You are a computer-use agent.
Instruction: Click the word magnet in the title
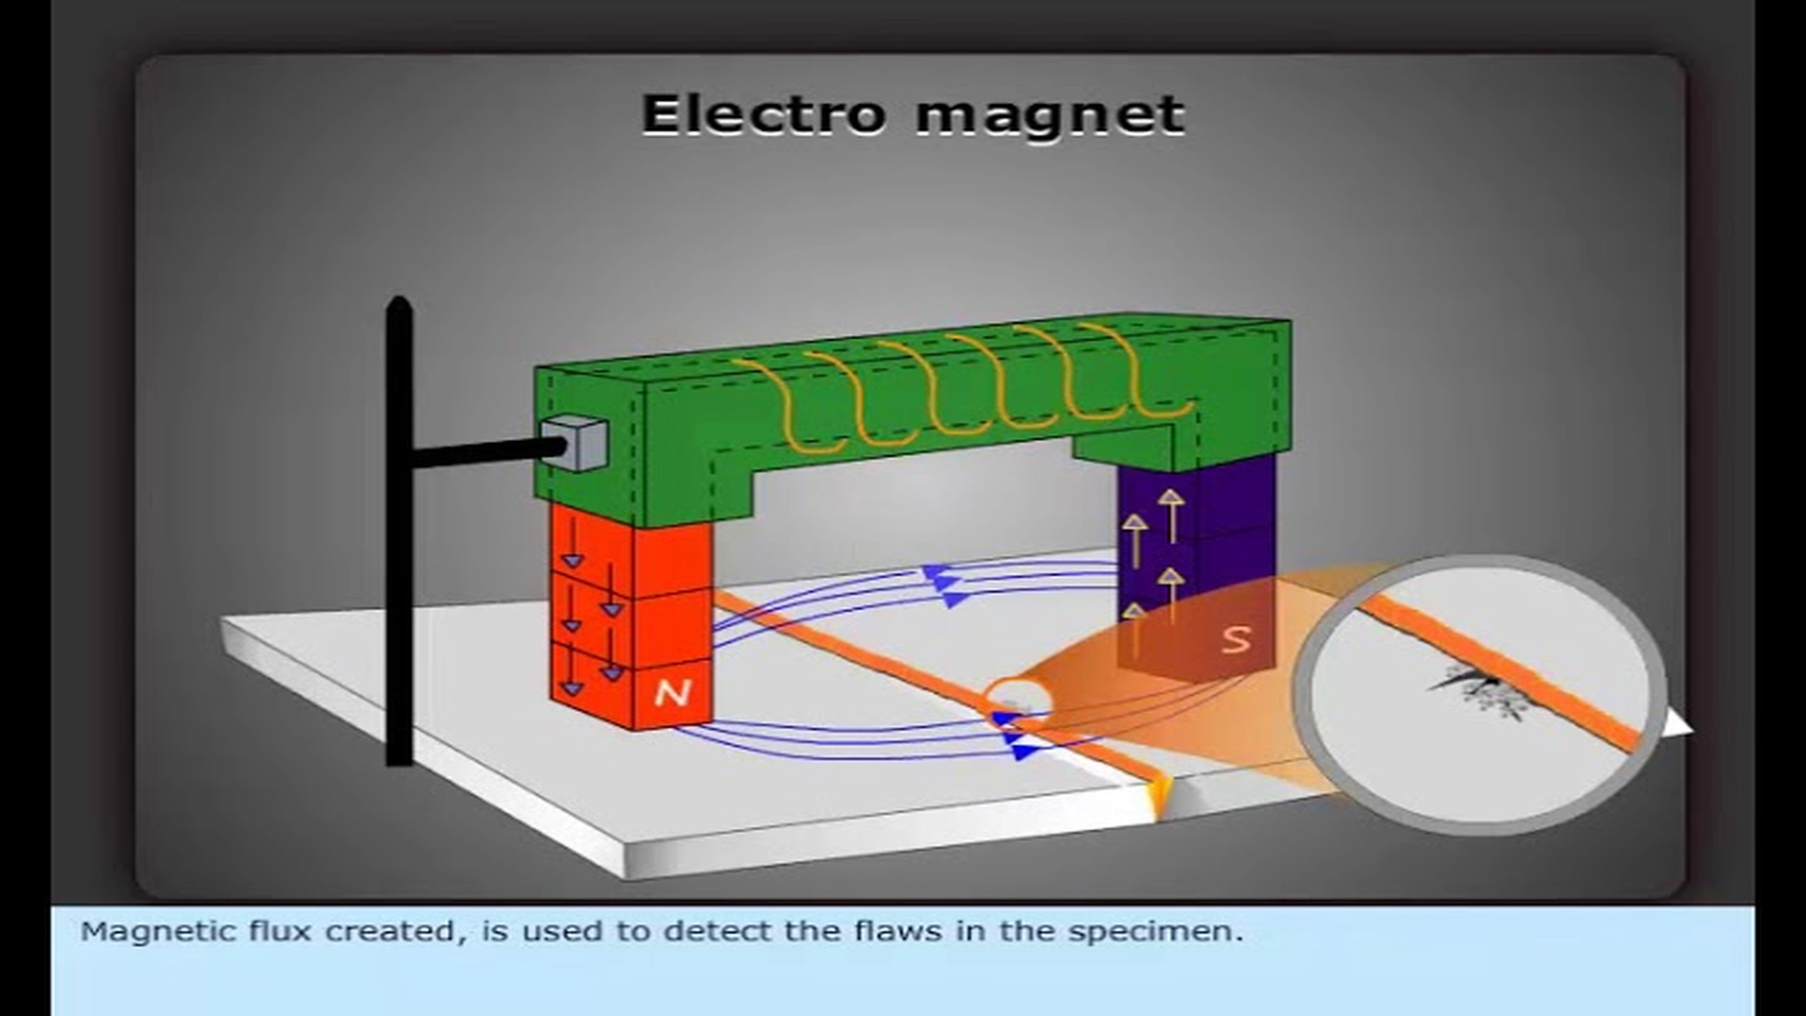pos(1050,118)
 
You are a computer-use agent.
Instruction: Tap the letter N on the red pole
pos(672,693)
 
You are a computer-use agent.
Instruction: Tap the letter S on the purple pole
pos(1237,639)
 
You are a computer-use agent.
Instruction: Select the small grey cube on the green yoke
pos(575,442)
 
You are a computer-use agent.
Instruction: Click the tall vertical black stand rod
pos(400,532)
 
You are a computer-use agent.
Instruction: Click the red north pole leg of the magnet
pos(631,616)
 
